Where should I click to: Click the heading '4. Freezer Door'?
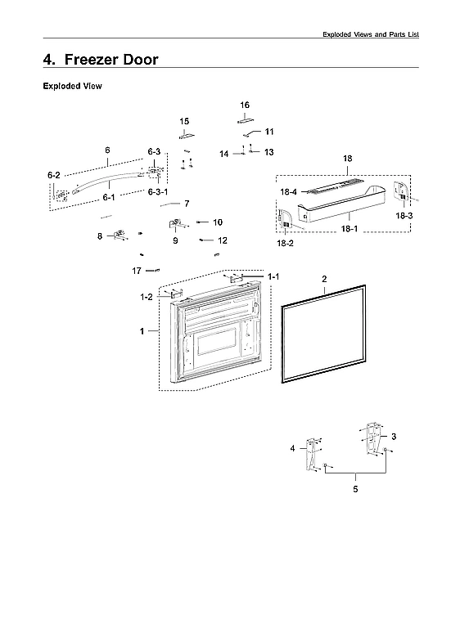pos(101,59)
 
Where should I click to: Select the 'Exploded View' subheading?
pos(72,86)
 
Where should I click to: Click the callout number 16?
pos(245,105)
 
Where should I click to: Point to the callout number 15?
pos(185,121)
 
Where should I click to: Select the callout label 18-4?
pos(287,192)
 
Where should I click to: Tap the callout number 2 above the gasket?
pos(324,279)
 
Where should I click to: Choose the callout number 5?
pos(355,489)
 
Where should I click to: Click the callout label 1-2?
pos(147,298)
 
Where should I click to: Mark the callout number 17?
pos(138,271)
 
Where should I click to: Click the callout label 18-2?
pos(284,244)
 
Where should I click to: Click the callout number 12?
pos(223,240)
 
